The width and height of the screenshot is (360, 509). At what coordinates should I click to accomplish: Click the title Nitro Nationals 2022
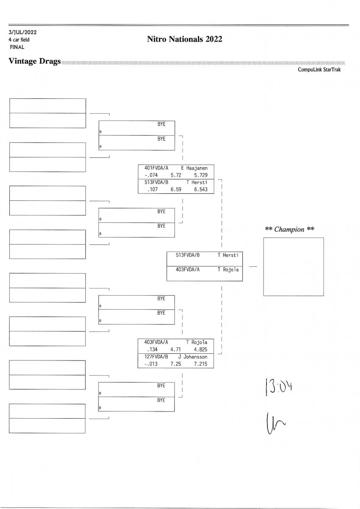(x=185, y=39)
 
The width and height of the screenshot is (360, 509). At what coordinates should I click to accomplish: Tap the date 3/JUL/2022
(x=22, y=33)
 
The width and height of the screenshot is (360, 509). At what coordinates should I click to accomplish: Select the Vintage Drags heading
(x=34, y=62)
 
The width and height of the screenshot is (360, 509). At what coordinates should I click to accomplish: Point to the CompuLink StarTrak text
(x=319, y=70)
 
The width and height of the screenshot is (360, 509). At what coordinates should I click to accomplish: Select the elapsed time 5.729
(x=200, y=174)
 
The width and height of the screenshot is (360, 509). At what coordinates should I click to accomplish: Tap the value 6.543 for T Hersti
(x=200, y=190)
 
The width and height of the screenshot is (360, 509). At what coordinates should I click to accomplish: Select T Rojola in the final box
(x=228, y=269)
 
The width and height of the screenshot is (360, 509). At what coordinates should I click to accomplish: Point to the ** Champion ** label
(x=290, y=229)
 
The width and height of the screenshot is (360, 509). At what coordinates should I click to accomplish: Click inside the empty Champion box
(x=293, y=266)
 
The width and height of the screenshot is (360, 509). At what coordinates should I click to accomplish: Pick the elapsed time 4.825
(x=200, y=350)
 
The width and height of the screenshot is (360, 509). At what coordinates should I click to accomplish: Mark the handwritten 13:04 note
(x=279, y=387)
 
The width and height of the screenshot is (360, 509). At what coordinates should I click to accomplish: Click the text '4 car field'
(x=19, y=40)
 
